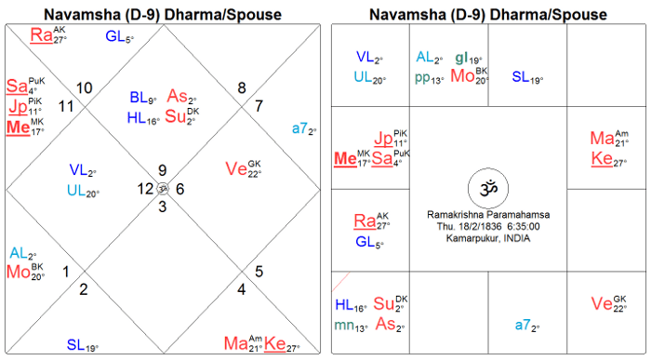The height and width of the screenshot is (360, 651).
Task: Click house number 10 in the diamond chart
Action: pos(85,88)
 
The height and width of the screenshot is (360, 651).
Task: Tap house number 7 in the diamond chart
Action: pos(259,106)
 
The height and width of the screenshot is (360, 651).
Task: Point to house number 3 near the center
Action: pos(163,207)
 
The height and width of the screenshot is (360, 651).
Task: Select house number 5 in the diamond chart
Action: pos(259,272)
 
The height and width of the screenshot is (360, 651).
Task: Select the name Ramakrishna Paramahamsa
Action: pos(488,215)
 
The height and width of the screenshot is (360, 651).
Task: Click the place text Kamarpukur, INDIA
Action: pos(488,238)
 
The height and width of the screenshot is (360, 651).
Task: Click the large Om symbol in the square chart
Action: pos(488,189)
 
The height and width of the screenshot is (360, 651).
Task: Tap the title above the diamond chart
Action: pos(163,15)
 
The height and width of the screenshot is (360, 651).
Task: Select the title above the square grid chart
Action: pos(488,15)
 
